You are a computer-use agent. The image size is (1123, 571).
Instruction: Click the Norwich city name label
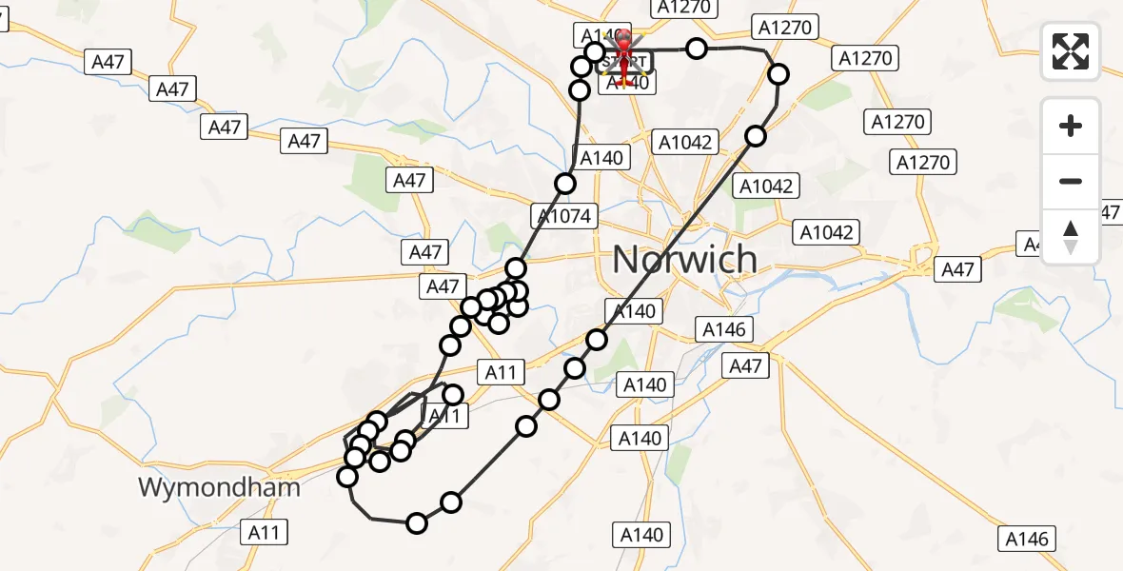pyautogui.click(x=684, y=259)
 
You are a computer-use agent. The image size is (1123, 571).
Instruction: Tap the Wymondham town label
pyautogui.click(x=219, y=488)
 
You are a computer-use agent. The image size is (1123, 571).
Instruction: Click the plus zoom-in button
pyautogui.click(x=1071, y=126)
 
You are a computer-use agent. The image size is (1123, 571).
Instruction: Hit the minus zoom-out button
pyautogui.click(x=1071, y=181)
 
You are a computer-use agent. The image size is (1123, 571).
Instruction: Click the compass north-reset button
pyautogui.click(x=1071, y=236)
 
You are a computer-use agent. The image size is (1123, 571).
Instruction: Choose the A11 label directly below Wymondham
pyautogui.click(x=264, y=532)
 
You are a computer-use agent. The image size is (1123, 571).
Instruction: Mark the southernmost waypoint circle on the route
pyautogui.click(x=417, y=522)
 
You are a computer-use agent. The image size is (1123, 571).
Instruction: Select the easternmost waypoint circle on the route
pyautogui.click(x=778, y=74)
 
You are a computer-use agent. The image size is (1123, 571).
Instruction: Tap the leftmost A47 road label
pyautogui.click(x=108, y=63)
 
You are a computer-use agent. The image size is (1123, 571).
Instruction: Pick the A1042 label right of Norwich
pyautogui.click(x=827, y=231)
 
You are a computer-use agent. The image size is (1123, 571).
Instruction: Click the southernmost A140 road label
pyautogui.click(x=641, y=534)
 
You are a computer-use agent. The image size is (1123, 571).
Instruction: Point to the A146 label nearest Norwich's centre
pyautogui.click(x=726, y=329)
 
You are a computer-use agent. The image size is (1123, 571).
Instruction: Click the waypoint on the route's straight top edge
pyautogui.click(x=698, y=49)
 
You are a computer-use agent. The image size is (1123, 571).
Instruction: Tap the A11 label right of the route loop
pyautogui.click(x=500, y=373)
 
